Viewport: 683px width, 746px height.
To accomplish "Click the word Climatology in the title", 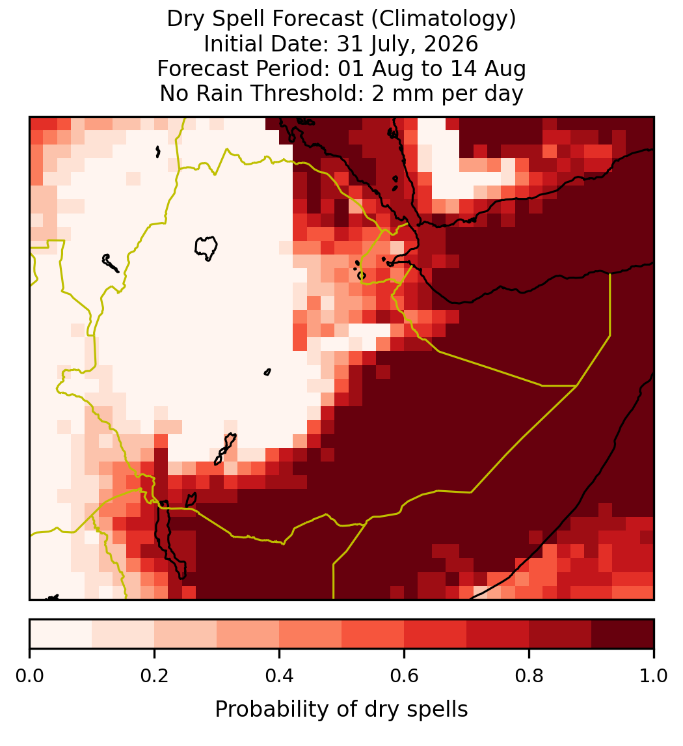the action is pos(442,19).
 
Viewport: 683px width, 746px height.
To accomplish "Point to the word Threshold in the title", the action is pos(304,93).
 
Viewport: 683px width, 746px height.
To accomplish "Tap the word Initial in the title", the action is pos(234,44).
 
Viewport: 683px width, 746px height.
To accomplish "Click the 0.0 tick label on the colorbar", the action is pos(29,676).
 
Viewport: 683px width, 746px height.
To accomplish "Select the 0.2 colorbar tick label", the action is pos(154,676).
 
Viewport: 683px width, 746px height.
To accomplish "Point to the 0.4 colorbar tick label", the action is pos(280,676).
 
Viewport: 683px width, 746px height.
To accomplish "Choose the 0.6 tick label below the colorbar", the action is pos(405,676).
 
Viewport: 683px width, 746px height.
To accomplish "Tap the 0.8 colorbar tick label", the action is pos(529,676).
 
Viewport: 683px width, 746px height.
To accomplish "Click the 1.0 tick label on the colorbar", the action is pos(654,676).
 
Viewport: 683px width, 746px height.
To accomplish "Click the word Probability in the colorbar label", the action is pos(273,710).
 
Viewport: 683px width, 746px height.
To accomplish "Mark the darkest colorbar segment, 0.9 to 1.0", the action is pos(623,634).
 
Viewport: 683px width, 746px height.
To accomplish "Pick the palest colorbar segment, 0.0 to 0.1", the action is pos(61,634).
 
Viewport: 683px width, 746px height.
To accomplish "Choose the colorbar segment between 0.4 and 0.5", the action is pos(311,634).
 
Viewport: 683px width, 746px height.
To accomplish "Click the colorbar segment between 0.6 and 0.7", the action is pos(435,634).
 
